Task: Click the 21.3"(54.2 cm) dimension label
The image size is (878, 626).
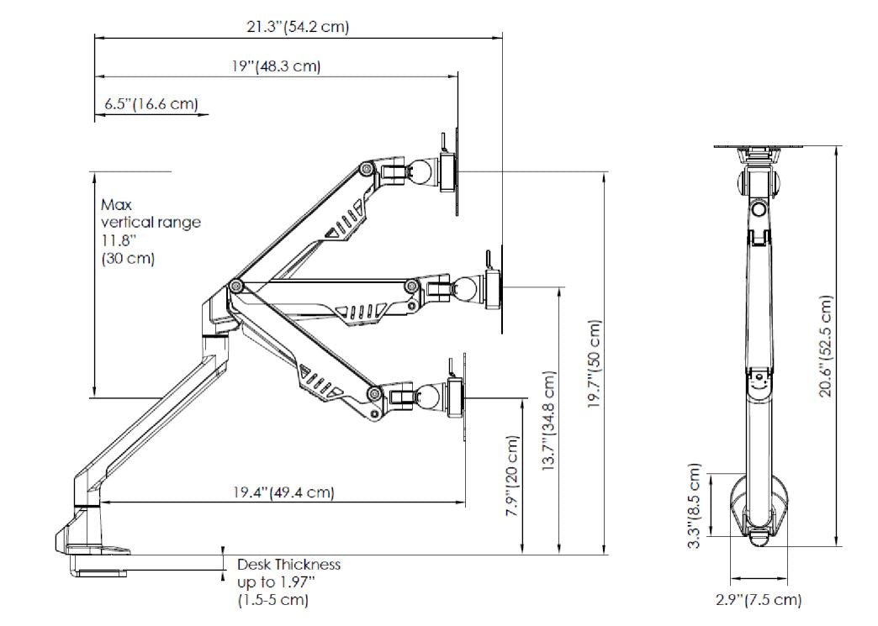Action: coord(297,27)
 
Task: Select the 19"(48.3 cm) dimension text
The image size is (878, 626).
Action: coord(277,66)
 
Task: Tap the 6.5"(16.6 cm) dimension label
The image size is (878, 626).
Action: coord(151,104)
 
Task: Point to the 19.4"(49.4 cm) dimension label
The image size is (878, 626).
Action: coord(283,492)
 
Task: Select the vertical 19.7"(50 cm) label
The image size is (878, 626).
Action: coord(595,365)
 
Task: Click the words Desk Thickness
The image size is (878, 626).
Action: coord(288,565)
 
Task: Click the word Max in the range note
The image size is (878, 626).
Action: coord(117,204)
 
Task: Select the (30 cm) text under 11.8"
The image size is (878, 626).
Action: coord(128,258)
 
